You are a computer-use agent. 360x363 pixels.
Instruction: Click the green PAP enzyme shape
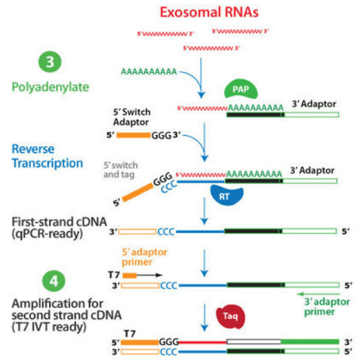click(x=241, y=89)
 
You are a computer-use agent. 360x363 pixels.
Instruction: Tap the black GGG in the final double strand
click(x=169, y=340)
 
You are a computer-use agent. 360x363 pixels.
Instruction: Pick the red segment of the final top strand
click(x=203, y=340)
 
